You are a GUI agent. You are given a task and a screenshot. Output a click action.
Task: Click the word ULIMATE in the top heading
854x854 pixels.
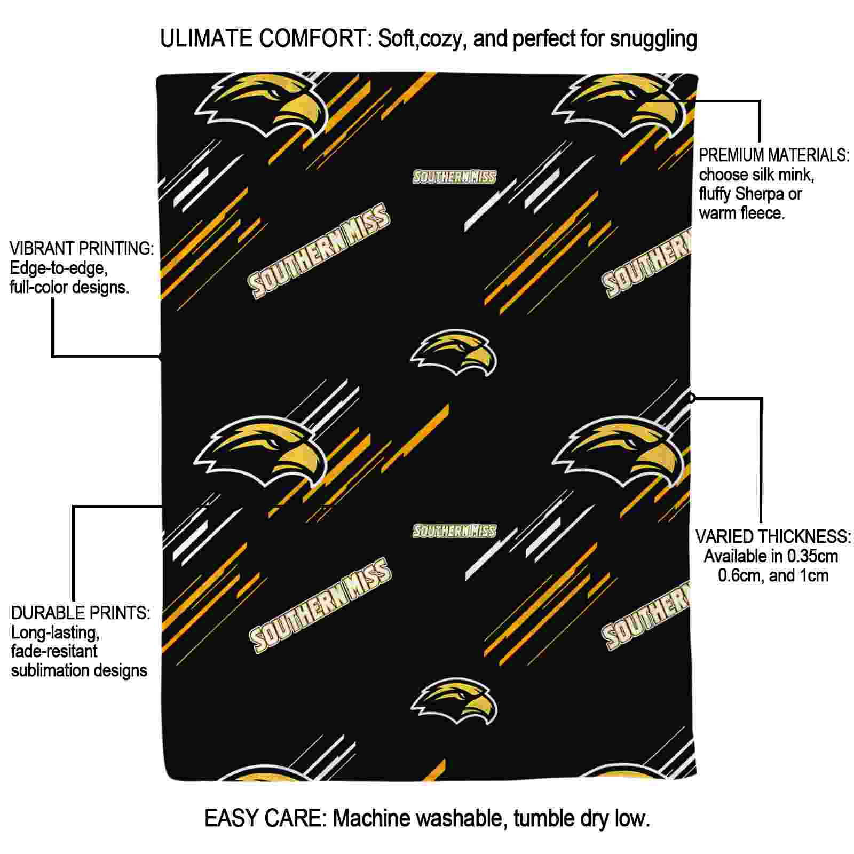point(206,39)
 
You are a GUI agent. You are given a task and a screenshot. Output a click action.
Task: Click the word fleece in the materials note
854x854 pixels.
point(764,213)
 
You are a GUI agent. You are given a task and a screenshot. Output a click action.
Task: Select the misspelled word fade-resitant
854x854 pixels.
point(54,651)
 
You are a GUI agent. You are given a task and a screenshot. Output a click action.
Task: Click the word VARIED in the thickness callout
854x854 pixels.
point(725,536)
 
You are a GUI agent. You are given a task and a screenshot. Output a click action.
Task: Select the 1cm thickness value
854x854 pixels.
point(813,576)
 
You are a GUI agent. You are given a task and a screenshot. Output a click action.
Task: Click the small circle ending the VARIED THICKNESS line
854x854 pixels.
point(692,398)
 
